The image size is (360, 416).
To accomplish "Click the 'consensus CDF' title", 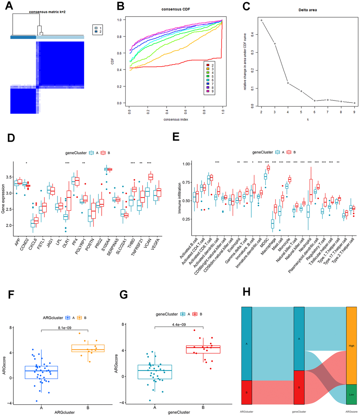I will coord(174,10).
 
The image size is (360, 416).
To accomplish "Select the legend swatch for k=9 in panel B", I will coord(209,91).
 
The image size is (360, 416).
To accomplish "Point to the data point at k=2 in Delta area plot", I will coord(262,20).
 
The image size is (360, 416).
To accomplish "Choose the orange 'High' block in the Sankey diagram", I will coord(352,345).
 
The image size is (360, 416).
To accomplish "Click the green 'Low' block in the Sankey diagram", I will coord(352,394).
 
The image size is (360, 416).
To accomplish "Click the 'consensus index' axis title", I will coord(175,120).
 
